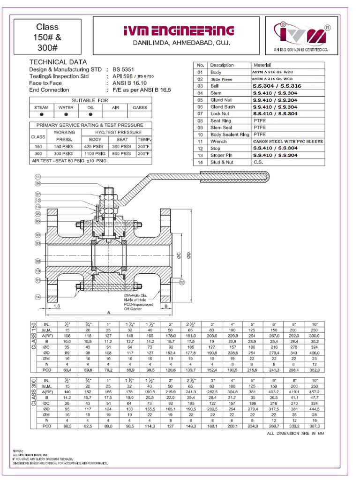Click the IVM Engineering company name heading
[178, 31]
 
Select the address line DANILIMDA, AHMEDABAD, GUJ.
[178, 43]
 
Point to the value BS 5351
[124, 69]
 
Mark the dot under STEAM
[41, 114]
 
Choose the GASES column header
[140, 107]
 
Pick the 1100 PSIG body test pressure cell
[95, 153]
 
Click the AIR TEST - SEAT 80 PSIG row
[69, 160]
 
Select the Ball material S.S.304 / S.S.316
[277, 86]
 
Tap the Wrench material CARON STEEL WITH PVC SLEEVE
[288, 141]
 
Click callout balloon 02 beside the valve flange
[182, 282]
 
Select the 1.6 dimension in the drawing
[57, 306]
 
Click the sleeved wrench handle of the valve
[234, 177]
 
